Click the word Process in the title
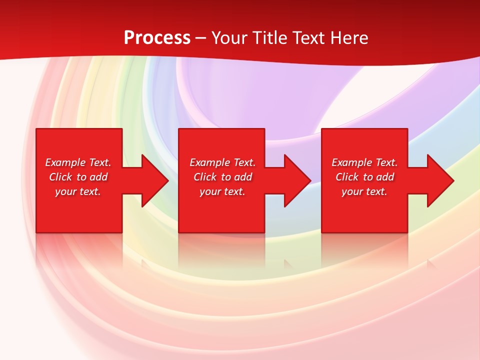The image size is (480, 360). click(x=157, y=38)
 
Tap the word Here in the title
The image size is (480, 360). click(x=349, y=38)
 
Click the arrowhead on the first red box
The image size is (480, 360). click(x=154, y=180)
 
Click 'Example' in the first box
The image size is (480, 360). click(x=65, y=162)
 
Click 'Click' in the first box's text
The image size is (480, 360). click(x=60, y=177)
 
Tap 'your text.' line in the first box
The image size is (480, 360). click(x=78, y=191)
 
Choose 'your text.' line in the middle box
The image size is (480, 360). click(x=222, y=191)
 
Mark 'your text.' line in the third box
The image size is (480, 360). click(x=364, y=191)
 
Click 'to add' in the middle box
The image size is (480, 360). click(x=236, y=177)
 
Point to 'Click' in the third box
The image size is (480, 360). click(x=347, y=177)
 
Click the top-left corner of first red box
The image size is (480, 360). click(x=37, y=129)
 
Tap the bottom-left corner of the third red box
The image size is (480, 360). click(x=322, y=231)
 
